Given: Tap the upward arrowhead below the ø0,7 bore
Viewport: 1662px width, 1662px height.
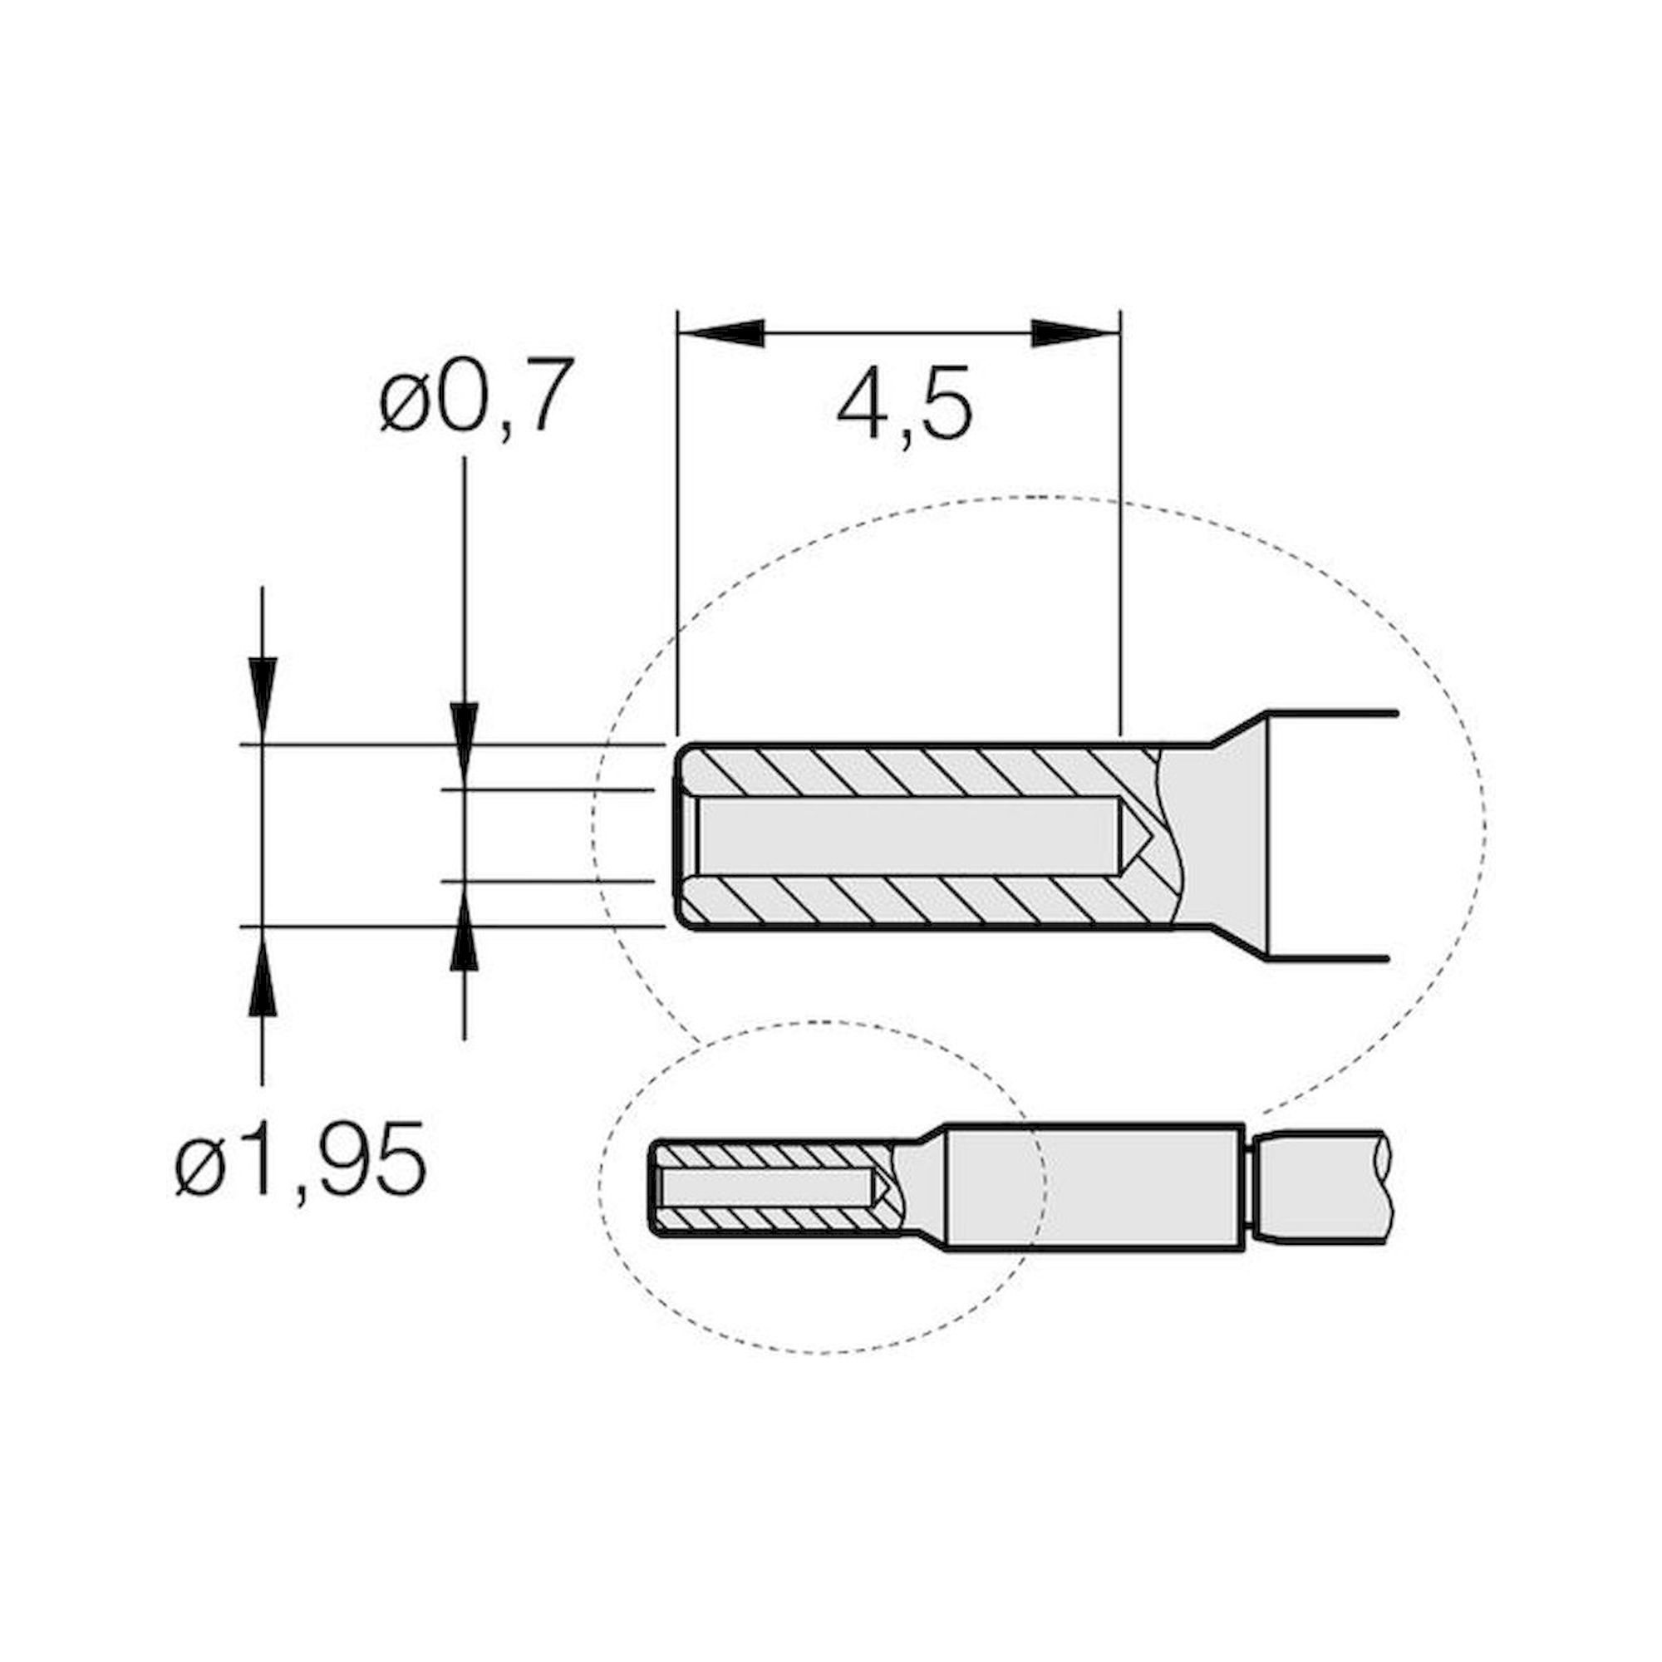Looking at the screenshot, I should point(464,932).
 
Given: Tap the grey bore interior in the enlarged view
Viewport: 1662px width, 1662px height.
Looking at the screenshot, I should point(903,834).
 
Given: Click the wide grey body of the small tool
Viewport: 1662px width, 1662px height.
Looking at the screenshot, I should point(1093,1187).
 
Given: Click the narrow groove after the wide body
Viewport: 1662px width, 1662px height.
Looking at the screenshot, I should point(1251,1187).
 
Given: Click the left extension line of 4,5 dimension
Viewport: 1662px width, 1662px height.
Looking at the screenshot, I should point(678,534).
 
